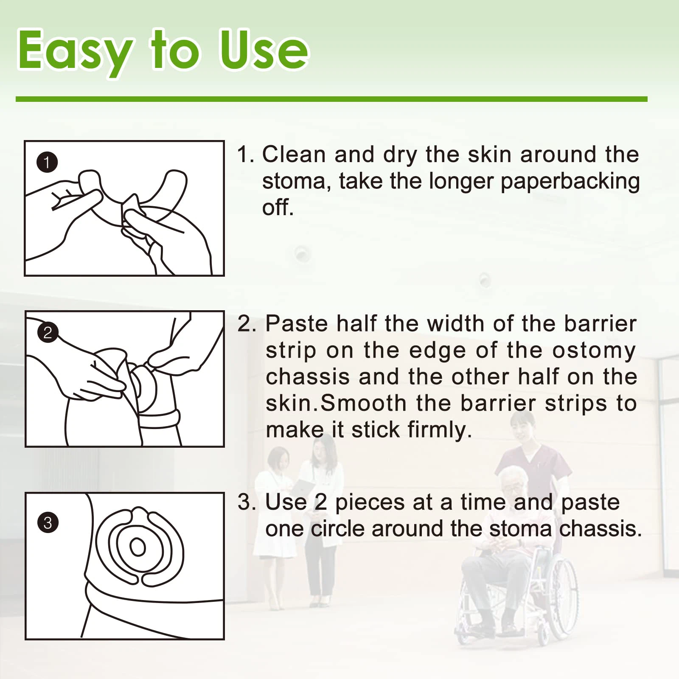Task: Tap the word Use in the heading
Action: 264,50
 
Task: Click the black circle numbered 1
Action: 47,162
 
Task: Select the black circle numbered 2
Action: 48,332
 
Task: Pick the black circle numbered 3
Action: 48,522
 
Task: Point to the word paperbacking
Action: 570,182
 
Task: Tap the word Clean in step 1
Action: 294,154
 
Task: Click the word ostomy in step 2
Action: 593,351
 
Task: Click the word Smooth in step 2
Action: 363,403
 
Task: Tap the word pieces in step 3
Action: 370,503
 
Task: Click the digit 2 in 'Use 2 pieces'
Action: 320,502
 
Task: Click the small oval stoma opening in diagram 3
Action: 137,547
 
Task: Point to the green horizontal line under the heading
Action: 331,99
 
